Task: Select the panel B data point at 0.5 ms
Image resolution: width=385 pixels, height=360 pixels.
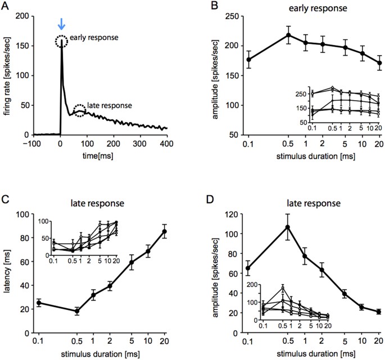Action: pos(289,35)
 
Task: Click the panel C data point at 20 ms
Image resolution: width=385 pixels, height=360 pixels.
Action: pos(180,231)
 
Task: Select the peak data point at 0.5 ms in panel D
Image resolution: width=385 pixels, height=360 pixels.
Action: pos(289,227)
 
